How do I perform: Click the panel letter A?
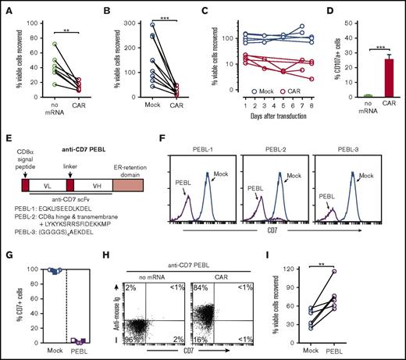[x=5, y=6]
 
